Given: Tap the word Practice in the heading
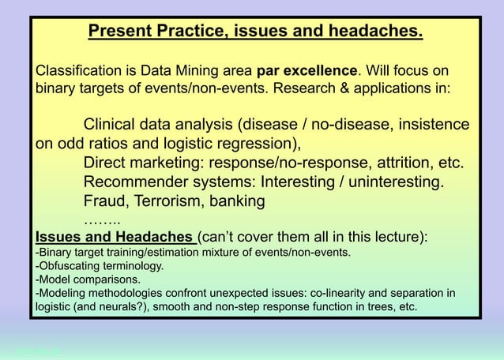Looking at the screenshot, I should click(187, 33).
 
